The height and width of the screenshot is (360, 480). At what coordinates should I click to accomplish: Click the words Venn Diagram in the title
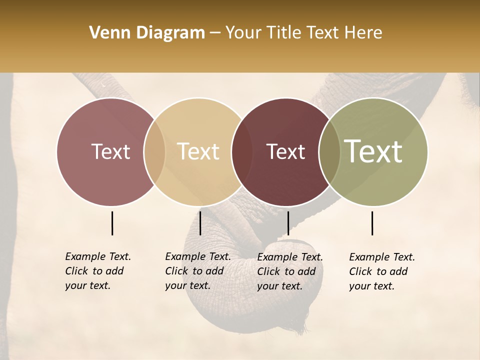coord(147,33)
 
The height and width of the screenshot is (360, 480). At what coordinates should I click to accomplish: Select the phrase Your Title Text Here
coord(303,33)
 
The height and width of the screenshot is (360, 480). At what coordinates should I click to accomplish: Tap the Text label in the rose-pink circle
coord(110,151)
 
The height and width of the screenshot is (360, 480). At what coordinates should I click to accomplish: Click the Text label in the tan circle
coord(198,151)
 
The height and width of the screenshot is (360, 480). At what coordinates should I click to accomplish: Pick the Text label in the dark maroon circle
coord(285,151)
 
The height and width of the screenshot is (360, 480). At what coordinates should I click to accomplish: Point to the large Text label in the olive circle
coord(373,151)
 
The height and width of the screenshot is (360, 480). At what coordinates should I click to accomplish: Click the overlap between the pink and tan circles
coord(154,152)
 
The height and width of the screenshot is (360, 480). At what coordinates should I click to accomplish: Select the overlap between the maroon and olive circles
coord(329,152)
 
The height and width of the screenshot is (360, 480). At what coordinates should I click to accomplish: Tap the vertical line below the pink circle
coord(112,223)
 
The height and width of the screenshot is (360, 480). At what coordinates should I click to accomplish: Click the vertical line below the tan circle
coord(200,223)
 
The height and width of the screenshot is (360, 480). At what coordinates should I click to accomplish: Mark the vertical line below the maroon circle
coord(288,223)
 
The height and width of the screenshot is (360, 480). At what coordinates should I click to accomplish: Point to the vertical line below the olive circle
coord(372,223)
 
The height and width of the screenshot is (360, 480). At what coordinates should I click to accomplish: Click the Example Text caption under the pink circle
coord(97,271)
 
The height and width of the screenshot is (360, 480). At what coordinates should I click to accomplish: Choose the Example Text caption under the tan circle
coord(197,271)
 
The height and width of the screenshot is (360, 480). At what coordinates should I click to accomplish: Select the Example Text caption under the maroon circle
coord(289,271)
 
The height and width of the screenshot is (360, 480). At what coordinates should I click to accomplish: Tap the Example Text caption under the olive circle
coord(381,271)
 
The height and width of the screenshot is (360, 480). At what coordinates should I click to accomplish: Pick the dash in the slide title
coord(215,33)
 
